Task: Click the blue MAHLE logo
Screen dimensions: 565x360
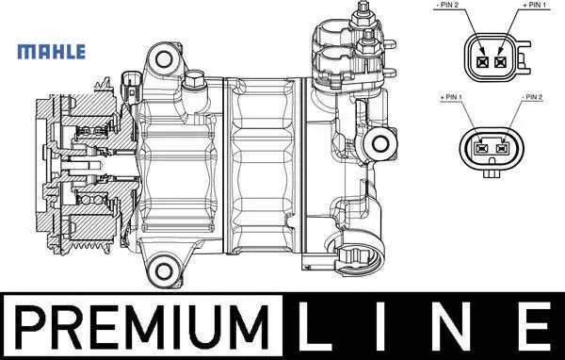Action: [x=52, y=52]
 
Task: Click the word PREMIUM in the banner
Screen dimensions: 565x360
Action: [x=142, y=326]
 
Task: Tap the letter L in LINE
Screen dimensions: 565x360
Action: [x=315, y=326]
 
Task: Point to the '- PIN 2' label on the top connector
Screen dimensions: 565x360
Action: [x=446, y=5]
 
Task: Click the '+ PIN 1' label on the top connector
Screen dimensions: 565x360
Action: [x=534, y=5]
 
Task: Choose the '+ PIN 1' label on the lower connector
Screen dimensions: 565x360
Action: [x=451, y=97]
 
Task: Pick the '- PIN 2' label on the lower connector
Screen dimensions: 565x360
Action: [x=531, y=97]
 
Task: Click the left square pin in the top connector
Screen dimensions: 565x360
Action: [x=482, y=62]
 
